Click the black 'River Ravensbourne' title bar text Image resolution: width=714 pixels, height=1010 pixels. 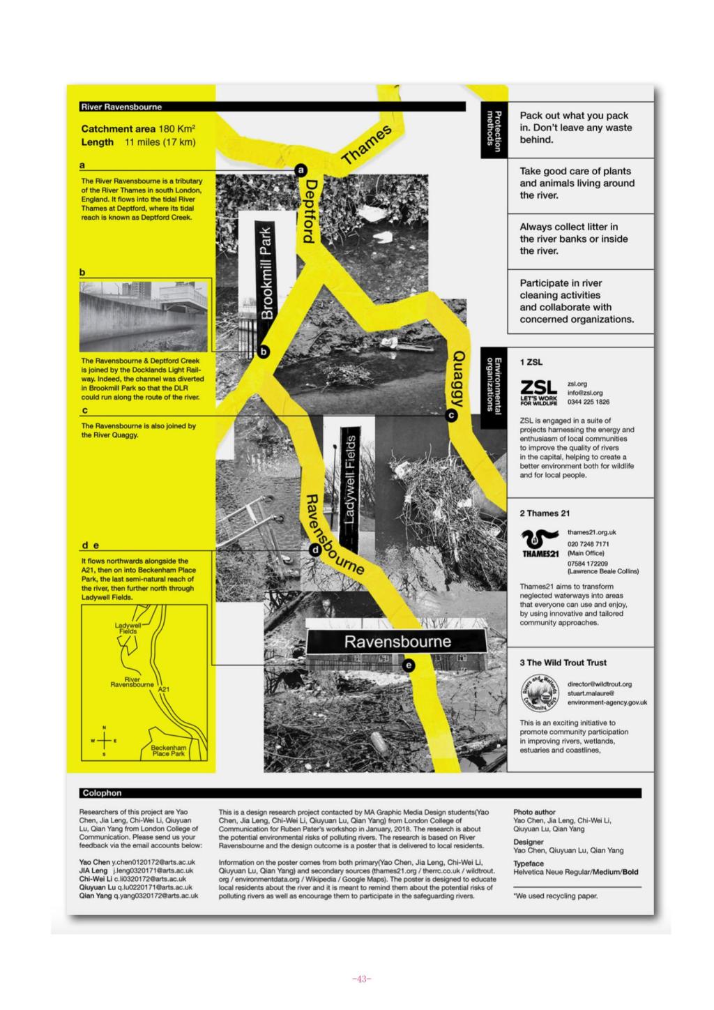pos(121,107)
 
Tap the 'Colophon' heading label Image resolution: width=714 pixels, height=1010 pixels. pos(102,793)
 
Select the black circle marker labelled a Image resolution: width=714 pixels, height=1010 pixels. pos(301,169)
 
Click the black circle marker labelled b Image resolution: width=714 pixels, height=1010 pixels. pos(264,352)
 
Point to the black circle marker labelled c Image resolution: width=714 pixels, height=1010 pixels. pos(450,416)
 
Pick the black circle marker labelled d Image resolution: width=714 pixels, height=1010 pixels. pos(314,550)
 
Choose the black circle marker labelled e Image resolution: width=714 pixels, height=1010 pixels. pos(409,665)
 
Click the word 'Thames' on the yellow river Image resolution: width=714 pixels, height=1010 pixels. pos(367,145)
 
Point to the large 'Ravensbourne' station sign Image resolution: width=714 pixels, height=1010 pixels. pos(397,642)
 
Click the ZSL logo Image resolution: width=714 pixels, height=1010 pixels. pos(539,392)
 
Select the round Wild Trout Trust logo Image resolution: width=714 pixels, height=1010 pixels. pos(540,692)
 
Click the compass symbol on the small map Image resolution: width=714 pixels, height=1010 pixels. pos(105,741)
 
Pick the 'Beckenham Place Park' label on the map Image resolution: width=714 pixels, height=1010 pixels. pos(168,751)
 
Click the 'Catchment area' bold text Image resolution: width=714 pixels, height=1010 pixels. pos(116,129)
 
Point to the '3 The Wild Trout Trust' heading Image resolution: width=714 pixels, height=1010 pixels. pos(563,663)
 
